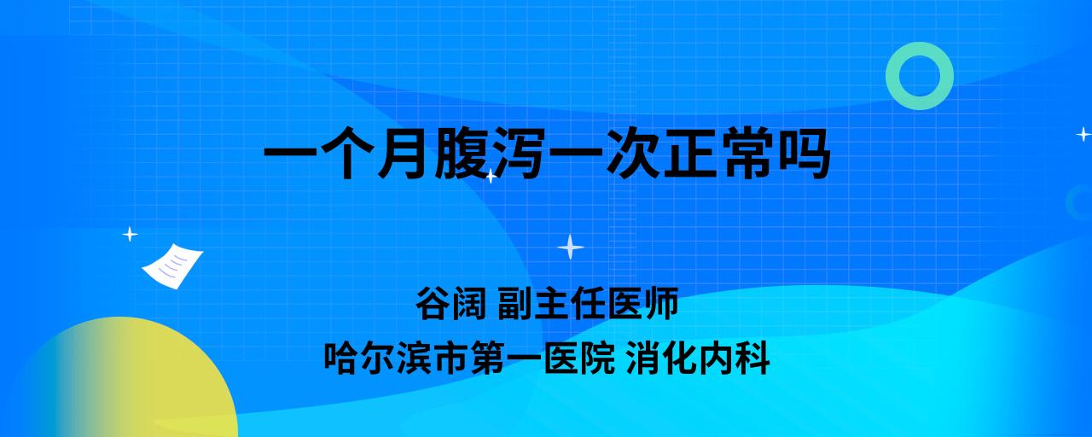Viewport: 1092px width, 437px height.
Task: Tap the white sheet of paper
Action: click(172, 266)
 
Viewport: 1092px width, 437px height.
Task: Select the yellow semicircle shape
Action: click(122, 376)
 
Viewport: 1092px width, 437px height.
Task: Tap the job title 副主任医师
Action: click(588, 303)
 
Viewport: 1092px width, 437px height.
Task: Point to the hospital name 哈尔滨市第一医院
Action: click(469, 358)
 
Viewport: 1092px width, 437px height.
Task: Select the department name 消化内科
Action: click(698, 358)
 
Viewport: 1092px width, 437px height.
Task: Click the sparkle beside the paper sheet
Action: click(130, 235)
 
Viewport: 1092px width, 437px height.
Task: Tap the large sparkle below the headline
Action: click(571, 247)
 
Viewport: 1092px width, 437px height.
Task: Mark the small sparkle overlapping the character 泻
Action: click(491, 176)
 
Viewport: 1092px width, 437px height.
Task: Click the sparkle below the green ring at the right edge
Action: click(1083, 134)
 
